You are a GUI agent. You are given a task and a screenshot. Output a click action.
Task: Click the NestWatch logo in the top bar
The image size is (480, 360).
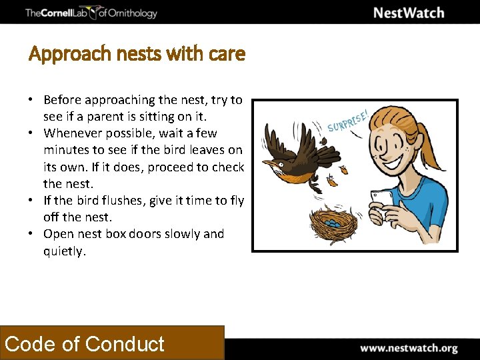coord(408,13)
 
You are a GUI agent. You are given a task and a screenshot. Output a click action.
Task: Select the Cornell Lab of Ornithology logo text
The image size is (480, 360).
coord(91,13)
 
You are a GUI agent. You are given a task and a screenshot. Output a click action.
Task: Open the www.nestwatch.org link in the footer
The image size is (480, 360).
coord(409,348)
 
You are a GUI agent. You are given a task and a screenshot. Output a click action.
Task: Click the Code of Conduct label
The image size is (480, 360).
coord(85,344)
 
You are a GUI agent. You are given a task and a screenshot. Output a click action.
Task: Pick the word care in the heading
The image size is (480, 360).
coord(227,54)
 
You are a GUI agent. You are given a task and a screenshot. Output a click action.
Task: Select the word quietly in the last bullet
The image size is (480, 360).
coord(64,251)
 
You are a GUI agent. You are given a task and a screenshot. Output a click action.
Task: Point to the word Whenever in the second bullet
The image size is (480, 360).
coord(73,133)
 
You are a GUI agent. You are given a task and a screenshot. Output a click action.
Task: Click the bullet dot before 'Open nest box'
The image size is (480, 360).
coord(31,234)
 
